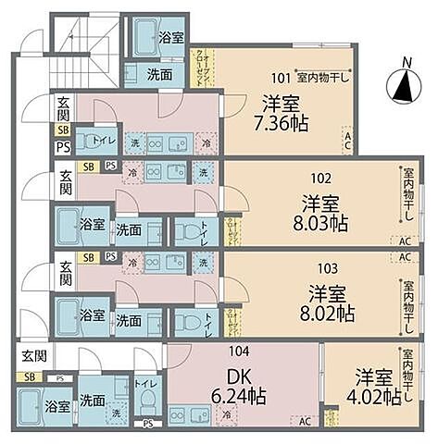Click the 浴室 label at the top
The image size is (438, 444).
[x=169, y=40]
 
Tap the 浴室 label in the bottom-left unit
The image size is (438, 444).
[x=57, y=406]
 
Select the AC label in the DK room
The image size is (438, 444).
[x=305, y=421]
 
